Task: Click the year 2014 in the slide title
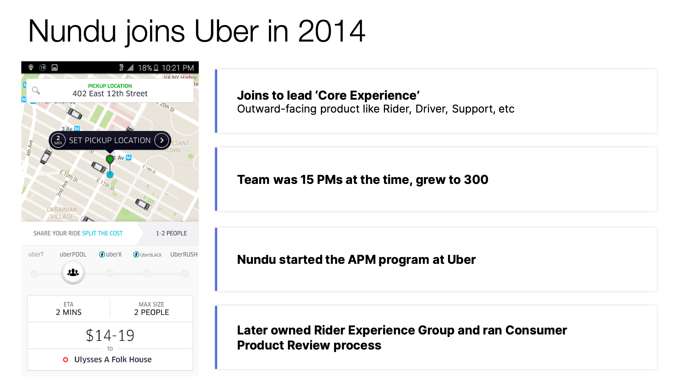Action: (331, 32)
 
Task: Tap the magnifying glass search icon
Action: (36, 90)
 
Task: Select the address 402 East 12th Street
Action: (110, 94)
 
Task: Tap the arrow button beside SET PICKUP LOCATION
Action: (162, 140)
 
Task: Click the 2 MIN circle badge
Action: (58, 140)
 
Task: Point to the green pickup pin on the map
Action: (110, 159)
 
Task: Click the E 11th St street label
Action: (106, 184)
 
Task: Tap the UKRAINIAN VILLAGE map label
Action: (62, 213)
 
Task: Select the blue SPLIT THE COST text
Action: (102, 233)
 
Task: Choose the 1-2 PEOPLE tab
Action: (171, 233)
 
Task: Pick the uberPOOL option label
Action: (73, 255)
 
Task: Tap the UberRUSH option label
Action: (184, 255)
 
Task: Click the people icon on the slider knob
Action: (73, 272)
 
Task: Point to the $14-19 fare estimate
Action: (110, 336)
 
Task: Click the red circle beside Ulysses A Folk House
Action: (66, 360)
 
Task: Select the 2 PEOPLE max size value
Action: (151, 312)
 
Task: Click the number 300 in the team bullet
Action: (476, 180)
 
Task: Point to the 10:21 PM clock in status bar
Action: (178, 68)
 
